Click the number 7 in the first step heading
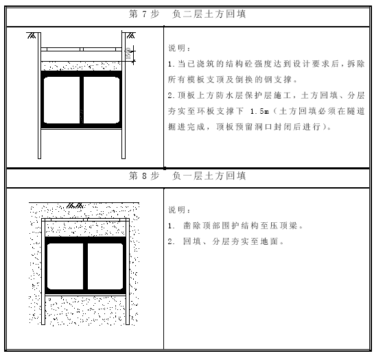[x=144, y=14]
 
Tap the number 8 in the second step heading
[x=144, y=176]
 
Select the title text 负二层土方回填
[x=209, y=14]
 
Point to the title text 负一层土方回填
[x=209, y=176]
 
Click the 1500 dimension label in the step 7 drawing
[x=128, y=53]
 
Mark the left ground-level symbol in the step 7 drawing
[x=32, y=36]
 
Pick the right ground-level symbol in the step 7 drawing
[x=130, y=36]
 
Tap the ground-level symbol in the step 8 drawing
[x=75, y=206]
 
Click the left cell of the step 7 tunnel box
[x=62, y=100]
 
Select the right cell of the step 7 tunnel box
[x=102, y=100]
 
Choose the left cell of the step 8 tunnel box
[x=65, y=266]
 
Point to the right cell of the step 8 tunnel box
[x=105, y=266]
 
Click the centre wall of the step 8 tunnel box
[x=85, y=266]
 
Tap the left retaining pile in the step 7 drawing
[x=39, y=95]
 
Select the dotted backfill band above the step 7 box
[x=81, y=66]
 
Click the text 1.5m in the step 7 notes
[x=259, y=111]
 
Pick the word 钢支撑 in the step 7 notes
[x=277, y=80]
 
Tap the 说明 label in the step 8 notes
[x=177, y=210]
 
